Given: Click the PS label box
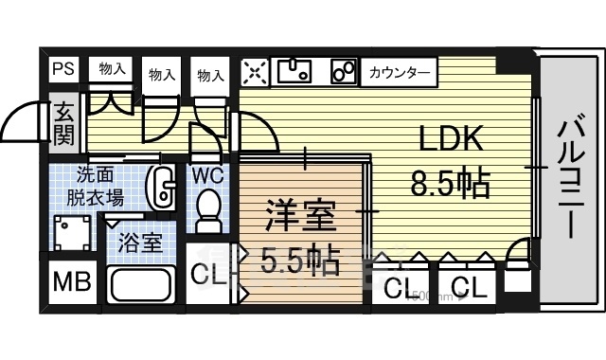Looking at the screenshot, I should [63, 69].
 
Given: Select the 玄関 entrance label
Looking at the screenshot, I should [62, 122].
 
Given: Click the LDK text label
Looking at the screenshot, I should [453, 140].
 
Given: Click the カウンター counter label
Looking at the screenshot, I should [398, 72].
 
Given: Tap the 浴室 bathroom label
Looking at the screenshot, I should [139, 241].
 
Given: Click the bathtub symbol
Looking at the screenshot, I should [140, 284].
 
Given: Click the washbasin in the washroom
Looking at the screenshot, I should [165, 188].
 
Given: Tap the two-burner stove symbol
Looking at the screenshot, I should [343, 71].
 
